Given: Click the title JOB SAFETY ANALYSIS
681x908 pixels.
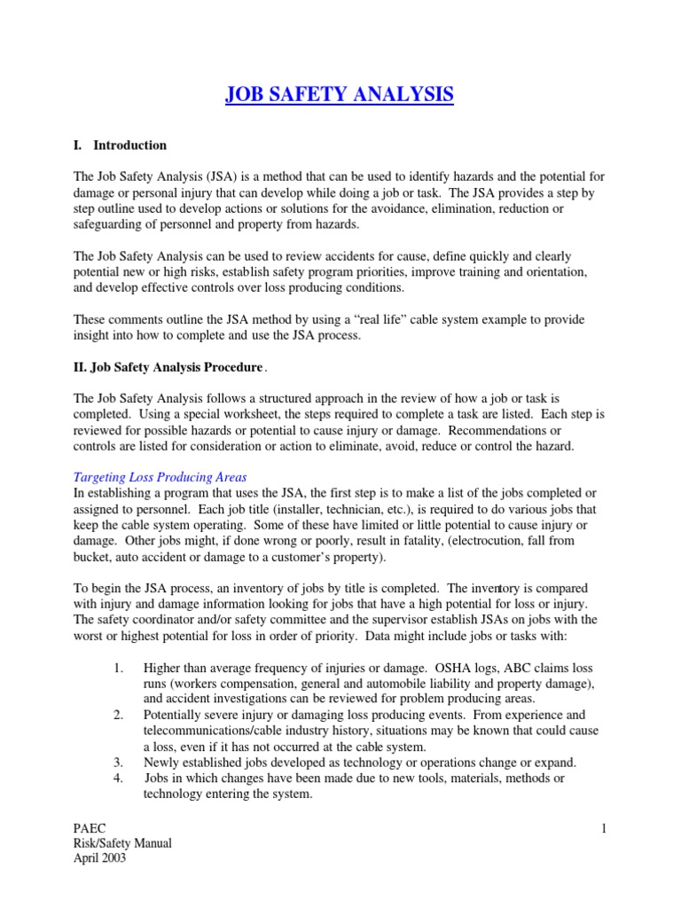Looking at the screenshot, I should pos(340,94).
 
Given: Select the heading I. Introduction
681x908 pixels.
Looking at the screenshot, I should pos(120,145).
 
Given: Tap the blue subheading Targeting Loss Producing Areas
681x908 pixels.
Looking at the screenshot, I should pos(160,477).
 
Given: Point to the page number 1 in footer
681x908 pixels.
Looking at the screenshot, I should pos(603,828).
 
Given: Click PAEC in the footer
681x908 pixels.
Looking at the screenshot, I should pos(90,828).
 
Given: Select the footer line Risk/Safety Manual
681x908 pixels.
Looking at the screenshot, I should pos(122,843).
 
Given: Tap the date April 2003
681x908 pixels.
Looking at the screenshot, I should pos(101,858).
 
